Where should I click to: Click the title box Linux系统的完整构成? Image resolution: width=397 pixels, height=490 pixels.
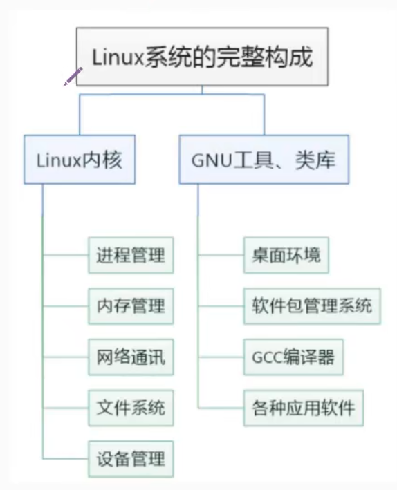pos(202,57)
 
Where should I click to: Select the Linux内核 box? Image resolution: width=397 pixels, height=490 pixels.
pos(79,160)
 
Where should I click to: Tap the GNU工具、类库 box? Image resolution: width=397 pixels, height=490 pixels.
pos(264,160)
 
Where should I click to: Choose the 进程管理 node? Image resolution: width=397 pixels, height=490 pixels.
pos(131,255)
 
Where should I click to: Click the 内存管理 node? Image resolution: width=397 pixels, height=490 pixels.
pos(131,305)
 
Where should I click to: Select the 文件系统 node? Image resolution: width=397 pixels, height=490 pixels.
pos(131,408)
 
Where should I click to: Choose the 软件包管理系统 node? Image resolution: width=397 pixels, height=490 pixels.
pos(312,305)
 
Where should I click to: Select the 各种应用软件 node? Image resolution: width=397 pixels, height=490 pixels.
pos(303,408)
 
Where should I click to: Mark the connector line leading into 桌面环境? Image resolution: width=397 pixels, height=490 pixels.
pos(221,255)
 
